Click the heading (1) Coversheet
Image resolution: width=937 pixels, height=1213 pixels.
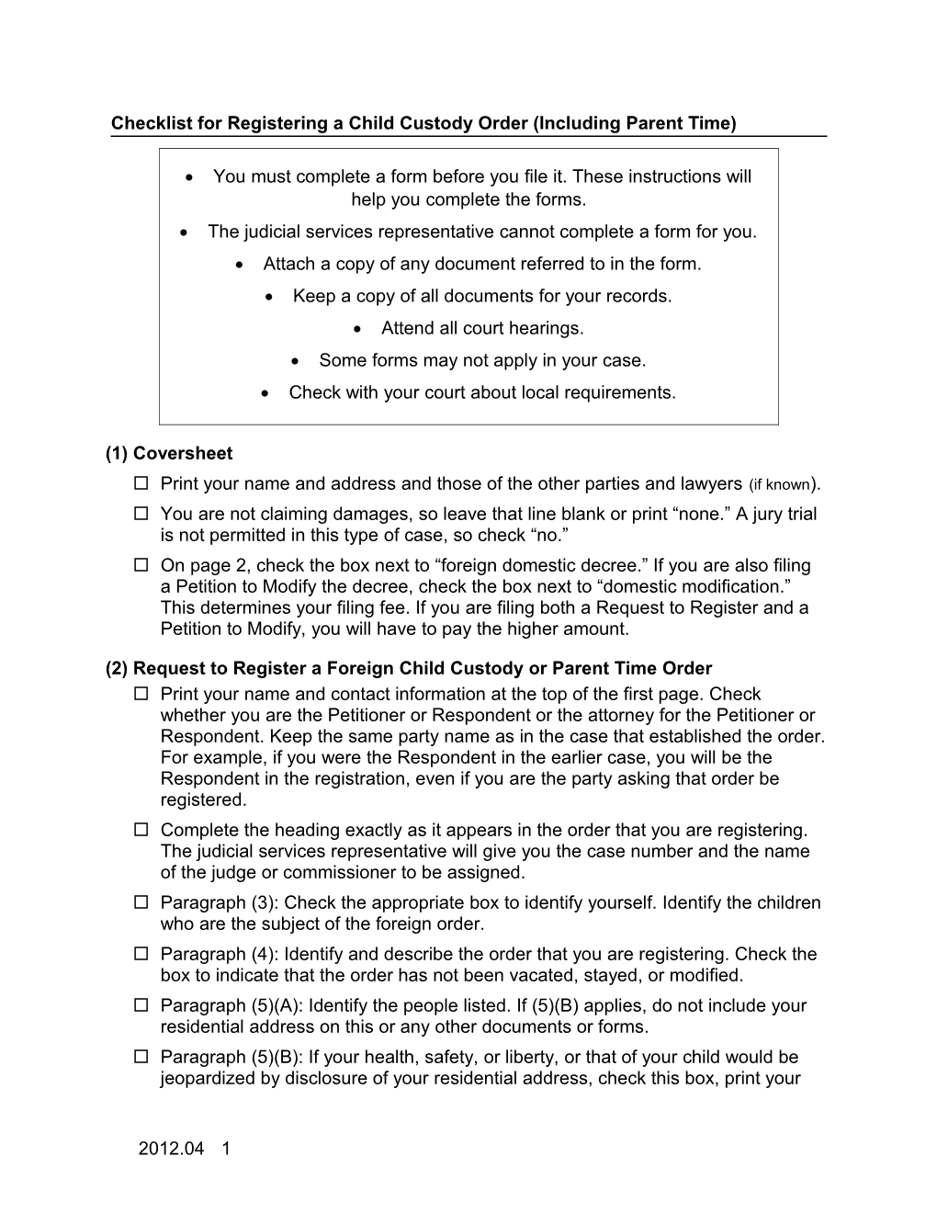click(x=169, y=453)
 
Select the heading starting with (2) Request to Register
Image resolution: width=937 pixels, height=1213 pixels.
click(x=409, y=668)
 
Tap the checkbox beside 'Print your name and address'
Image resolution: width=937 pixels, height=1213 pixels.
click(x=141, y=483)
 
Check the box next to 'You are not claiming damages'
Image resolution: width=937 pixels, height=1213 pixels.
click(x=141, y=514)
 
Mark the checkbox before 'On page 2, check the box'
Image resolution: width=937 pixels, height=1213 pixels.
click(x=141, y=565)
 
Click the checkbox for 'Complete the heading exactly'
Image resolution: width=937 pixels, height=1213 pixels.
click(x=141, y=830)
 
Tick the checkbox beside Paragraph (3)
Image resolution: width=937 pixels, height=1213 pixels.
click(x=141, y=902)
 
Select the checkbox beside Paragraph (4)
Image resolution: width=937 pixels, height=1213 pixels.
click(x=141, y=954)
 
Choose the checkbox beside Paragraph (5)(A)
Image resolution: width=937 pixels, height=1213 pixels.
click(x=141, y=1005)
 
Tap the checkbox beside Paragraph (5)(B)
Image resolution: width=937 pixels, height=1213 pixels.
click(x=141, y=1057)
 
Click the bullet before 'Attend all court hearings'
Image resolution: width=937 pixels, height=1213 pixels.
click(x=361, y=329)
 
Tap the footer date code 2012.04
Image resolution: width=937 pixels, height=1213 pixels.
click(x=171, y=1149)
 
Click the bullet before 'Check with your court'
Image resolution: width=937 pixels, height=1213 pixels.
click(x=265, y=393)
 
